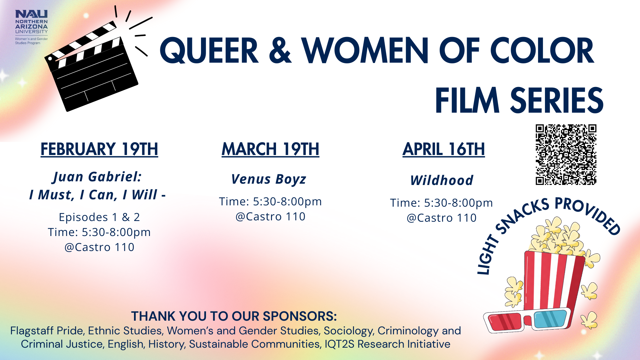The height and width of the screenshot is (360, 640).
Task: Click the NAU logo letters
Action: coord(31,14)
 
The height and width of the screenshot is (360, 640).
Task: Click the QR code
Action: coord(566,155)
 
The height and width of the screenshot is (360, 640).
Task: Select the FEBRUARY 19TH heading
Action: coord(99,149)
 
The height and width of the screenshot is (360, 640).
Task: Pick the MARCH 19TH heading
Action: coord(270,149)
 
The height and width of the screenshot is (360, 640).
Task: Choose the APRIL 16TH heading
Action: coord(443,149)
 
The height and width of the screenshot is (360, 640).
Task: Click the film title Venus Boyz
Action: coord(269,179)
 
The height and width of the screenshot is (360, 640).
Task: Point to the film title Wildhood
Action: coord(442,180)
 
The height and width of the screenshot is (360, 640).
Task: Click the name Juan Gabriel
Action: coord(97,177)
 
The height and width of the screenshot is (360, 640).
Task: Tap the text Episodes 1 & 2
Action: coord(99,217)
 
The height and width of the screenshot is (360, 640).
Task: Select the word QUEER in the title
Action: coord(209,51)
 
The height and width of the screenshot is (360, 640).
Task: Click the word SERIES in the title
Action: coord(556,100)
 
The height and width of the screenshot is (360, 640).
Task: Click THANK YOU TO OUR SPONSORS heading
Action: coord(234,316)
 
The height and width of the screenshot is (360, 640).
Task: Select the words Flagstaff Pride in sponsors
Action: coord(47,331)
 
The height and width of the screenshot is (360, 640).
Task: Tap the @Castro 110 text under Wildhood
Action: coord(442,218)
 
